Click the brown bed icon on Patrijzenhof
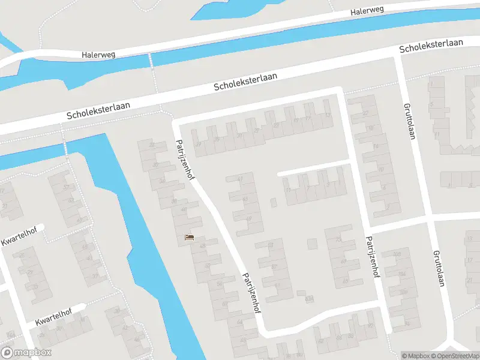(190, 238)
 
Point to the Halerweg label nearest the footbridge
(98, 54)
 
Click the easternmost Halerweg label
(367, 11)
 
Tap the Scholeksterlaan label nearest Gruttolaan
(431, 45)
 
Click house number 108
(396, 255)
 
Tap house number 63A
(310, 298)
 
